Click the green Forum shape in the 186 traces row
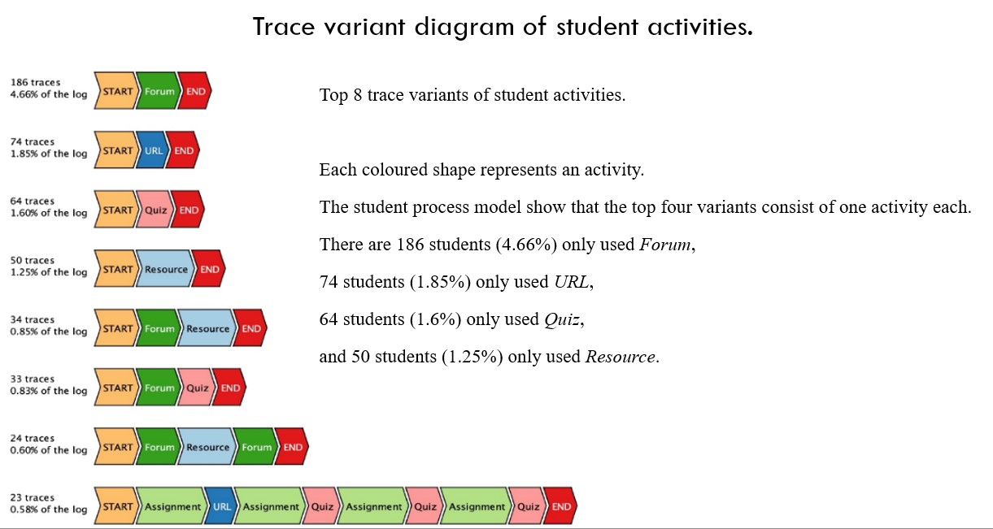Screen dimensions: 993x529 (159, 91)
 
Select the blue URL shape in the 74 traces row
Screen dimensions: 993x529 (153, 150)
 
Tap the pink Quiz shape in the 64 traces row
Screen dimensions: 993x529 (155, 210)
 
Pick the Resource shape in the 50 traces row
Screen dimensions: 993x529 (165, 269)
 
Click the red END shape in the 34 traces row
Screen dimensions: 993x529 (250, 328)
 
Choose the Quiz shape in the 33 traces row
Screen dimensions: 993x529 (196, 388)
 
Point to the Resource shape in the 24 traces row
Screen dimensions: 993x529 (207, 447)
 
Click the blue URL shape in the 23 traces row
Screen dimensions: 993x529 (220, 506)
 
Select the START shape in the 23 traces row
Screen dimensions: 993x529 (116, 506)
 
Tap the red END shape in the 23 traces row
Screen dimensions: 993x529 (560, 506)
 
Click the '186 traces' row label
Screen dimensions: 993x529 (36, 82)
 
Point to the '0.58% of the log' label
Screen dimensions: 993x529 (49, 509)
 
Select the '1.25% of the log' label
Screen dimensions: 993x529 (49, 272)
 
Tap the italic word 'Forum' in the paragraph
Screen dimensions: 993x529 (665, 245)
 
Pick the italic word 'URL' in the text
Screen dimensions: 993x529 (572, 282)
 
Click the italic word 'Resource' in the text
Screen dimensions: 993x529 (621, 357)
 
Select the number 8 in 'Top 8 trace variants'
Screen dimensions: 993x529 (358, 95)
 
